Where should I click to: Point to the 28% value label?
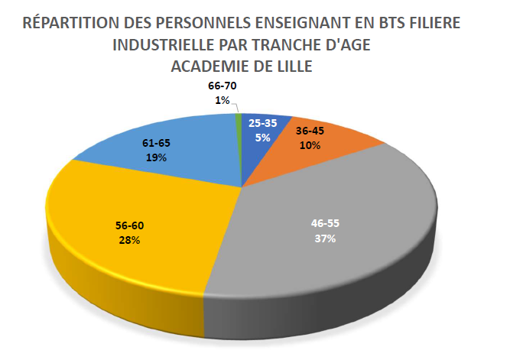(129, 240)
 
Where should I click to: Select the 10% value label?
(310, 144)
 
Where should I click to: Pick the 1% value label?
(223, 100)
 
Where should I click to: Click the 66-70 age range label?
(223, 86)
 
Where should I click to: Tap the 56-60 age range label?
(129, 226)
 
